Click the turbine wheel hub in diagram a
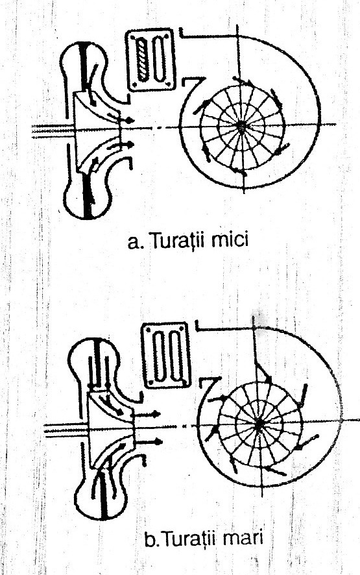click(x=241, y=126)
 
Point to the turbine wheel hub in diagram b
click(x=259, y=422)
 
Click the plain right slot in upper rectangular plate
click(x=159, y=60)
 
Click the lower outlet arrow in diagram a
click(x=121, y=145)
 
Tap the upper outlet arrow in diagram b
click(x=147, y=415)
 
